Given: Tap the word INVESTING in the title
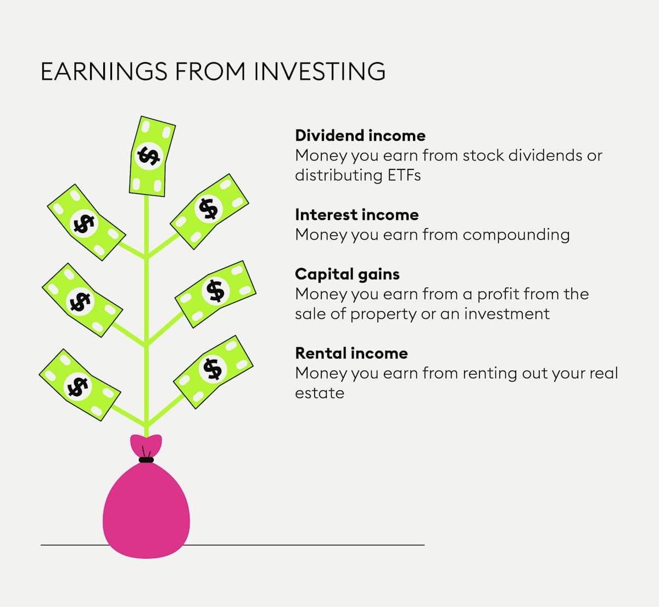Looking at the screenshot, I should coord(320,71).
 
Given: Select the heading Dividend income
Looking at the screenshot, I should coord(360,135).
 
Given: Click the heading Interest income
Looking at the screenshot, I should coord(356,214).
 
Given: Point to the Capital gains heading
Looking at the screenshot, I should coord(347,274).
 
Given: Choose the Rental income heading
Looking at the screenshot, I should coord(351,353).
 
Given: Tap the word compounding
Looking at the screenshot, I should coord(516,234).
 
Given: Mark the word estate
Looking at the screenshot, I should coord(320,393).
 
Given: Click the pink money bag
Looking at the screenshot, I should coord(146,509).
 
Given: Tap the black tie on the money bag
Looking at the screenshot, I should coord(146,459).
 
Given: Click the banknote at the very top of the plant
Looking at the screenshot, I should coord(151,156).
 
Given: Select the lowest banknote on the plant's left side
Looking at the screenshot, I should coord(80,385).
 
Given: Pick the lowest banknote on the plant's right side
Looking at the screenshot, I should coord(213,371).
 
